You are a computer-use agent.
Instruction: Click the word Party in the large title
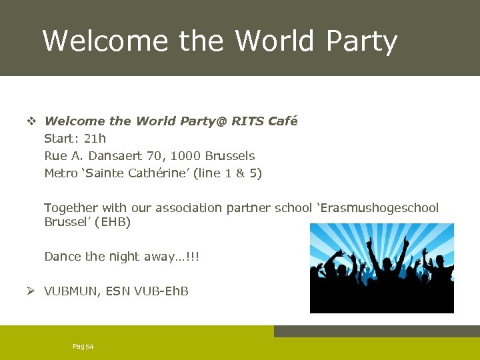pos(361,41)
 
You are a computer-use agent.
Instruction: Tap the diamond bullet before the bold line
pos(31,121)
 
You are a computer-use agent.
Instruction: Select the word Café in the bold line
pos(283,121)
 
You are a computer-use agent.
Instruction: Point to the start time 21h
pos(95,139)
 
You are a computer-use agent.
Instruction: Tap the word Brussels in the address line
pos(230,156)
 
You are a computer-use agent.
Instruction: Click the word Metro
pos(61,173)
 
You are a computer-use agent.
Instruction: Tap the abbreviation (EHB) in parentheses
pos(114,222)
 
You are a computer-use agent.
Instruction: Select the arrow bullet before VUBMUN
pos(31,291)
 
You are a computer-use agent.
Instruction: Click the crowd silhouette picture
pos(381,268)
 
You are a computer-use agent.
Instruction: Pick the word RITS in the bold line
pos(247,121)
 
